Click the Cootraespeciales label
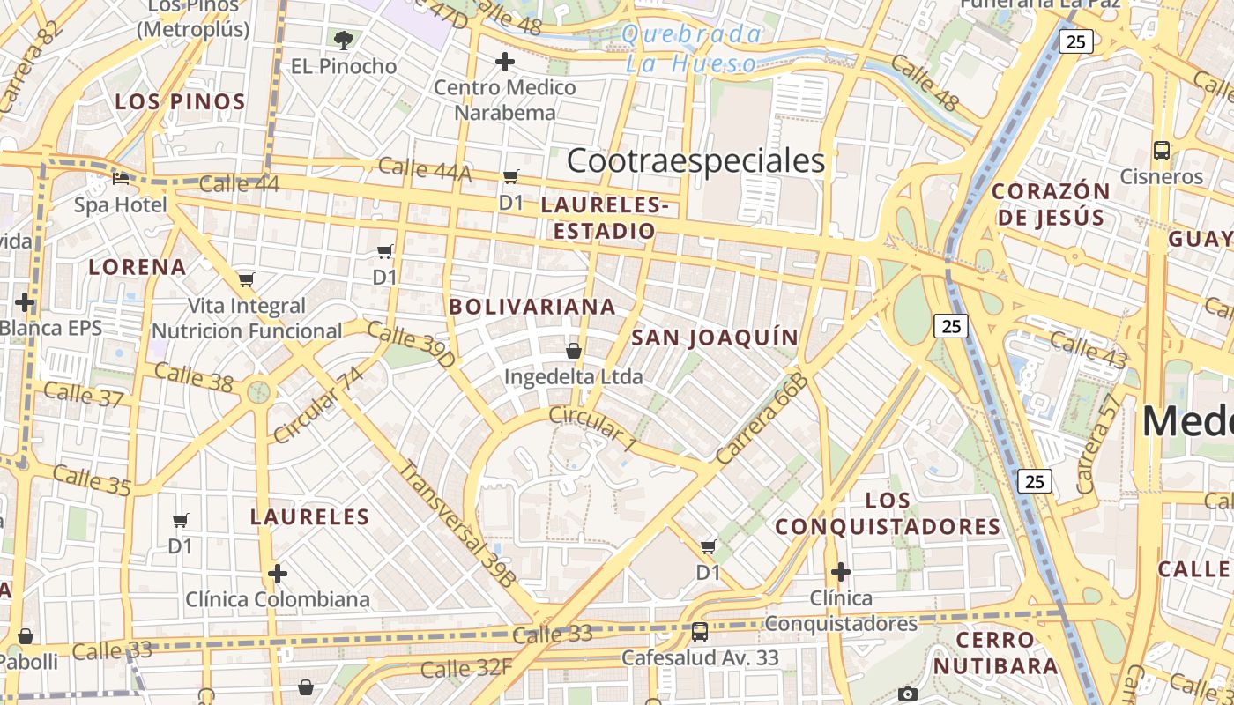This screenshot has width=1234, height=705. [x=695, y=160]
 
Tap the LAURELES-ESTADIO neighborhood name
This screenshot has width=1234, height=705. [x=605, y=218]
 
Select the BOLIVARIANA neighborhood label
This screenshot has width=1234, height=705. [x=532, y=307]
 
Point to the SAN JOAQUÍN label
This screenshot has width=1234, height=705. [x=715, y=337]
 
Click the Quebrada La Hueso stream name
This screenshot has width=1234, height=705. [x=692, y=48]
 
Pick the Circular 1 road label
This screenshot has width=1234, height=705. [x=592, y=428]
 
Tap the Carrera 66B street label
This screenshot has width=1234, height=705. [x=762, y=419]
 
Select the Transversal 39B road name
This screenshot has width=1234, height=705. [x=456, y=523]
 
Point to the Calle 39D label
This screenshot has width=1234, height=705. [x=411, y=345]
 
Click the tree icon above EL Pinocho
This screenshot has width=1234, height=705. [x=344, y=39]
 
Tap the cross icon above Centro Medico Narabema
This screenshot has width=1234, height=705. [x=505, y=62]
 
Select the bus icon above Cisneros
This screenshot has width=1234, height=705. [x=1162, y=150]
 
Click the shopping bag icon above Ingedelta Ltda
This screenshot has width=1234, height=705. [x=574, y=351]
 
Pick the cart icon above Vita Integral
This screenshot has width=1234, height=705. [x=247, y=280]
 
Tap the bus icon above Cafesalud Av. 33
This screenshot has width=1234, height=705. [x=700, y=631]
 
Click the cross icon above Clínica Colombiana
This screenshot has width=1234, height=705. [x=278, y=574]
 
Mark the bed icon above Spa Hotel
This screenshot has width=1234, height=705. [x=122, y=179]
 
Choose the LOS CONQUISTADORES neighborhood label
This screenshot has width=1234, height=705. [x=888, y=514]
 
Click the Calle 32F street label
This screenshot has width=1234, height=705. [x=466, y=668]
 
